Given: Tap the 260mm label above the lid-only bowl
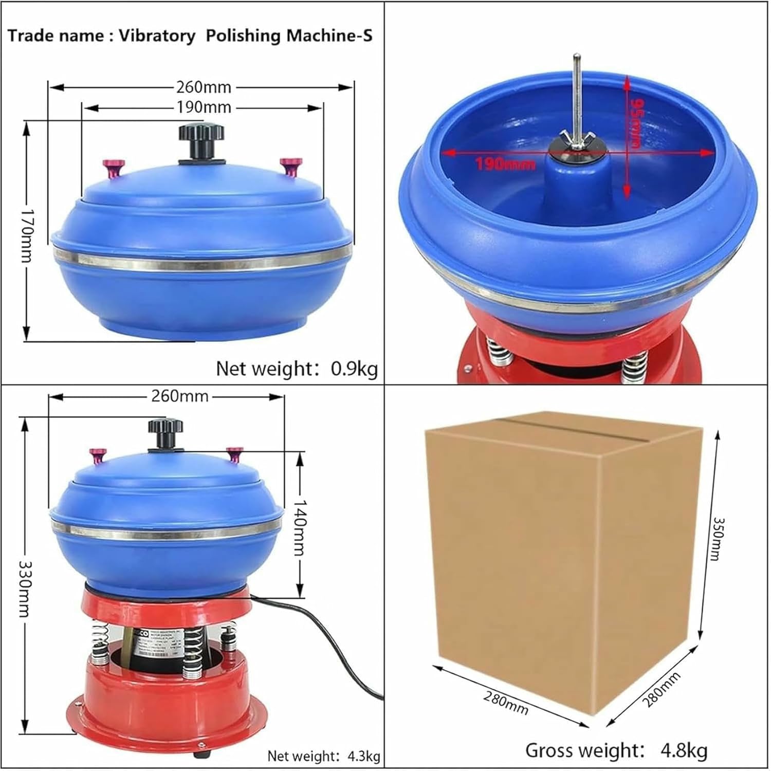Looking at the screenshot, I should (204, 87).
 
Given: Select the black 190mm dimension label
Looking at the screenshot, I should (204, 107).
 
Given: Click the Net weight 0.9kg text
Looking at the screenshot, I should (297, 369).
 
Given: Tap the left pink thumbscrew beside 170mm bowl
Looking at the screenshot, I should (114, 168).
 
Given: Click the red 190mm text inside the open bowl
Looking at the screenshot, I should (505, 164).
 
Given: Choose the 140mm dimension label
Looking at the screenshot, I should (300, 528).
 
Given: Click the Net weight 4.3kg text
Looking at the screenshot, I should (323, 756).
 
